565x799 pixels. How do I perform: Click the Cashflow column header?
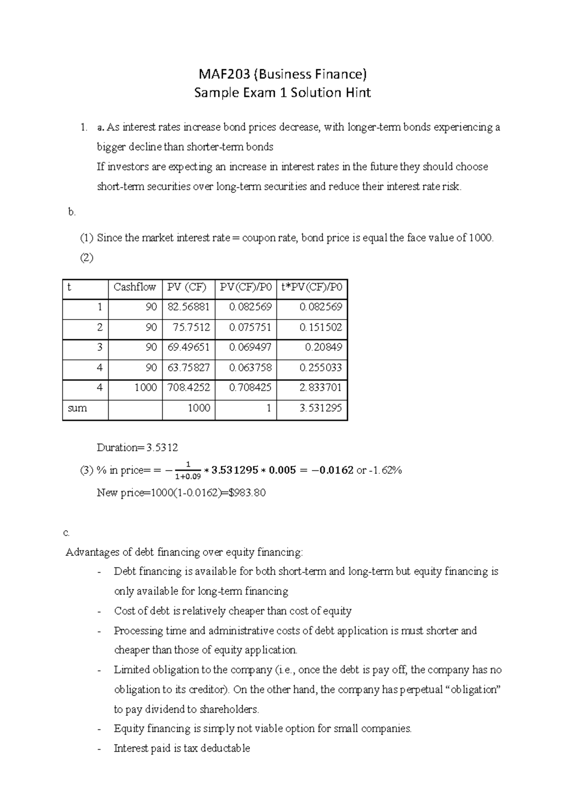pos(135,287)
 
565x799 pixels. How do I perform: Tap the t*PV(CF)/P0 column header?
pos(312,287)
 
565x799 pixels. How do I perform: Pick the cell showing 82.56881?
pos(188,307)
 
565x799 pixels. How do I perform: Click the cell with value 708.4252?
pos(188,388)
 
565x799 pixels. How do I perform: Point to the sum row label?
pos(77,408)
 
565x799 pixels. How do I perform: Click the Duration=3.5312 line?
pos(137,447)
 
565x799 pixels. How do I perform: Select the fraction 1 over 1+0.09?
pos(188,471)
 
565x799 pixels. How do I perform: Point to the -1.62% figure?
pos(386,471)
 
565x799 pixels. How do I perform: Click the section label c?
pos(66,533)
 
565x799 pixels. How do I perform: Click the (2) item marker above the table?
pos(87,258)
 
